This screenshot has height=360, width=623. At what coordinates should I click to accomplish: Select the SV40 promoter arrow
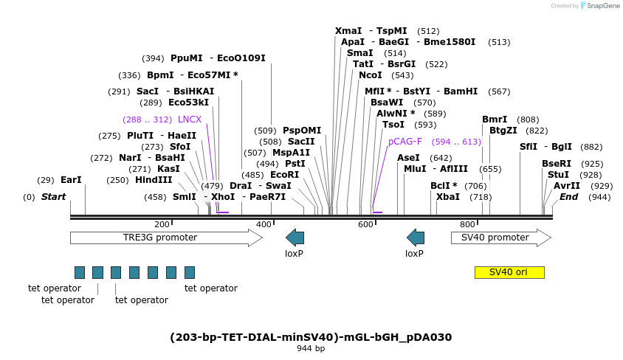click(500, 238)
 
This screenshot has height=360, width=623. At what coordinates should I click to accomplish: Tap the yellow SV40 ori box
click(509, 272)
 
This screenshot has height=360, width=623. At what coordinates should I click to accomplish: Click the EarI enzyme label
click(71, 179)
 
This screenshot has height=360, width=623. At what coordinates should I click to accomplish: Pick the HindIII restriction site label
click(154, 179)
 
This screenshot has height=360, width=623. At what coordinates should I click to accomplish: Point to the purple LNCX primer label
click(190, 120)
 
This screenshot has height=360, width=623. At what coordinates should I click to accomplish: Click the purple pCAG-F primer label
click(405, 142)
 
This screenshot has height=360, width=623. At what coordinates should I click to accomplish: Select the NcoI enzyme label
click(371, 75)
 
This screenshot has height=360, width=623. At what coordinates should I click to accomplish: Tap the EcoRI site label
click(284, 175)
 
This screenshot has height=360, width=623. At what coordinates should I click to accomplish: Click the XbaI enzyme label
click(448, 197)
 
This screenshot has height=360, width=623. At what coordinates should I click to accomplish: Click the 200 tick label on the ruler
click(162, 224)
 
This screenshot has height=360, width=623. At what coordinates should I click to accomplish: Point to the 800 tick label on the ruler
click(467, 224)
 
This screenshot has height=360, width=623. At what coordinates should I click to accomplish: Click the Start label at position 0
click(53, 197)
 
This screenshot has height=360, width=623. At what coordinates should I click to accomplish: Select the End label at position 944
click(569, 197)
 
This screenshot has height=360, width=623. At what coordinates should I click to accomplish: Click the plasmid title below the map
click(311, 337)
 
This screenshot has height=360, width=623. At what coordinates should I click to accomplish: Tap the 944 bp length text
click(311, 348)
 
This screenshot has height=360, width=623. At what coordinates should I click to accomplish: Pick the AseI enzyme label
click(408, 158)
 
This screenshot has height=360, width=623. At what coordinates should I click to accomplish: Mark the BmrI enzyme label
click(495, 120)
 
